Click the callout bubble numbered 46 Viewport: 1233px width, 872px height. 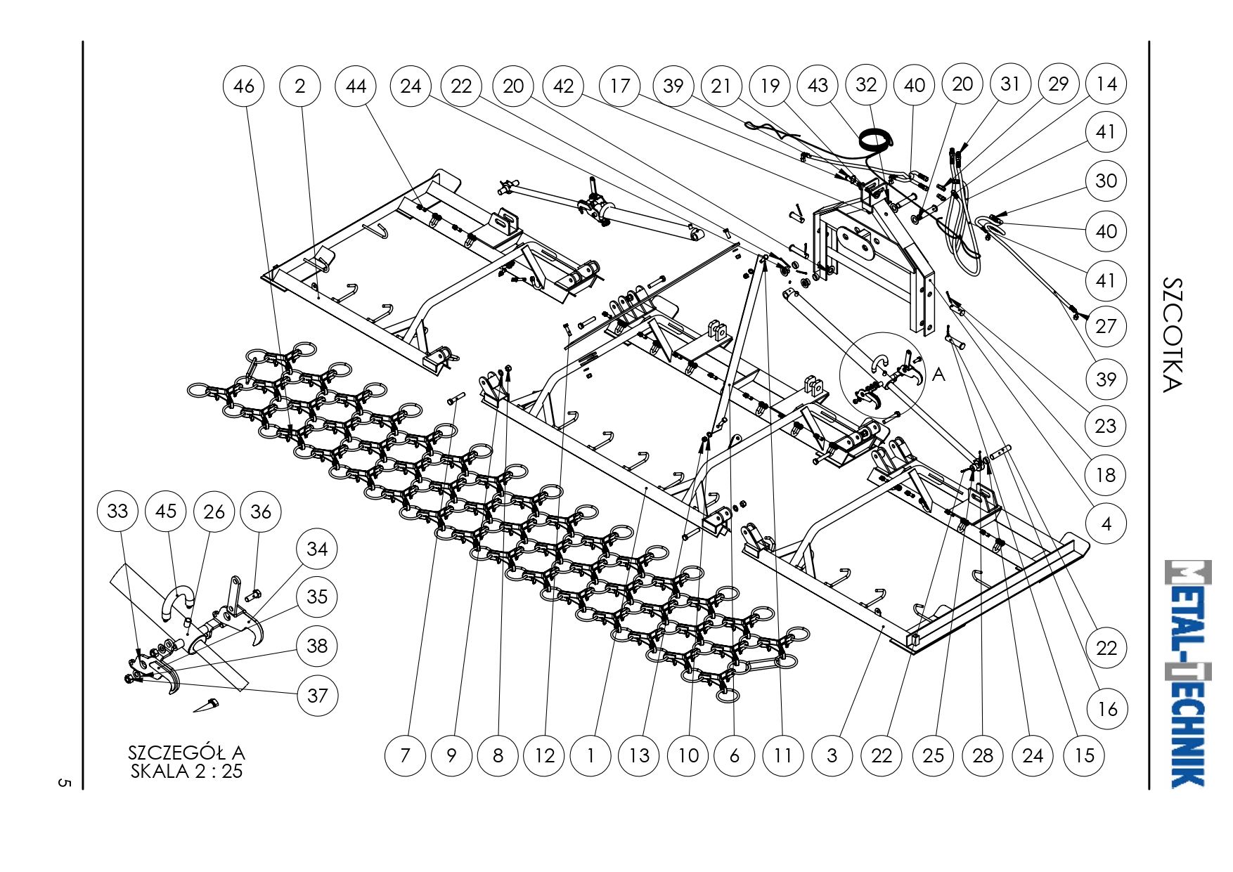[x=243, y=86]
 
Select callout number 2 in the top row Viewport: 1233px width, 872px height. [x=300, y=86]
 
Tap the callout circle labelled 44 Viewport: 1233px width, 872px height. [x=356, y=86]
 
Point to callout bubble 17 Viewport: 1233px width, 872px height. [x=619, y=86]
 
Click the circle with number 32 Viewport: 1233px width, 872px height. [x=866, y=85]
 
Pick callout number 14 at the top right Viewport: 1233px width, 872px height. [x=1106, y=84]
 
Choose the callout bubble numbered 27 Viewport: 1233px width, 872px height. [x=1106, y=326]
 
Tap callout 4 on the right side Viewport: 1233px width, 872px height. [x=1106, y=523]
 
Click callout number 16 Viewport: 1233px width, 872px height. [x=1107, y=709]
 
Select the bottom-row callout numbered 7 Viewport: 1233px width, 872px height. [x=405, y=755]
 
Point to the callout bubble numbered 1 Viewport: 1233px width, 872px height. [x=590, y=755]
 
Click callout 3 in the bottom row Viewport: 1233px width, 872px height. [x=832, y=755]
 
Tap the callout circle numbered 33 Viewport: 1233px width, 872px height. [x=117, y=511]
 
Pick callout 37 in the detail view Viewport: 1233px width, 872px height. [x=317, y=696]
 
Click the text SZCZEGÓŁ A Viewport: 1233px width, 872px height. [x=186, y=753]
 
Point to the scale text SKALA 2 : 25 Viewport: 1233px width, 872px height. [x=186, y=772]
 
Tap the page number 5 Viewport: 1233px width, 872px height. [x=64, y=782]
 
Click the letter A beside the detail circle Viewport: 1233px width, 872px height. [x=939, y=375]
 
